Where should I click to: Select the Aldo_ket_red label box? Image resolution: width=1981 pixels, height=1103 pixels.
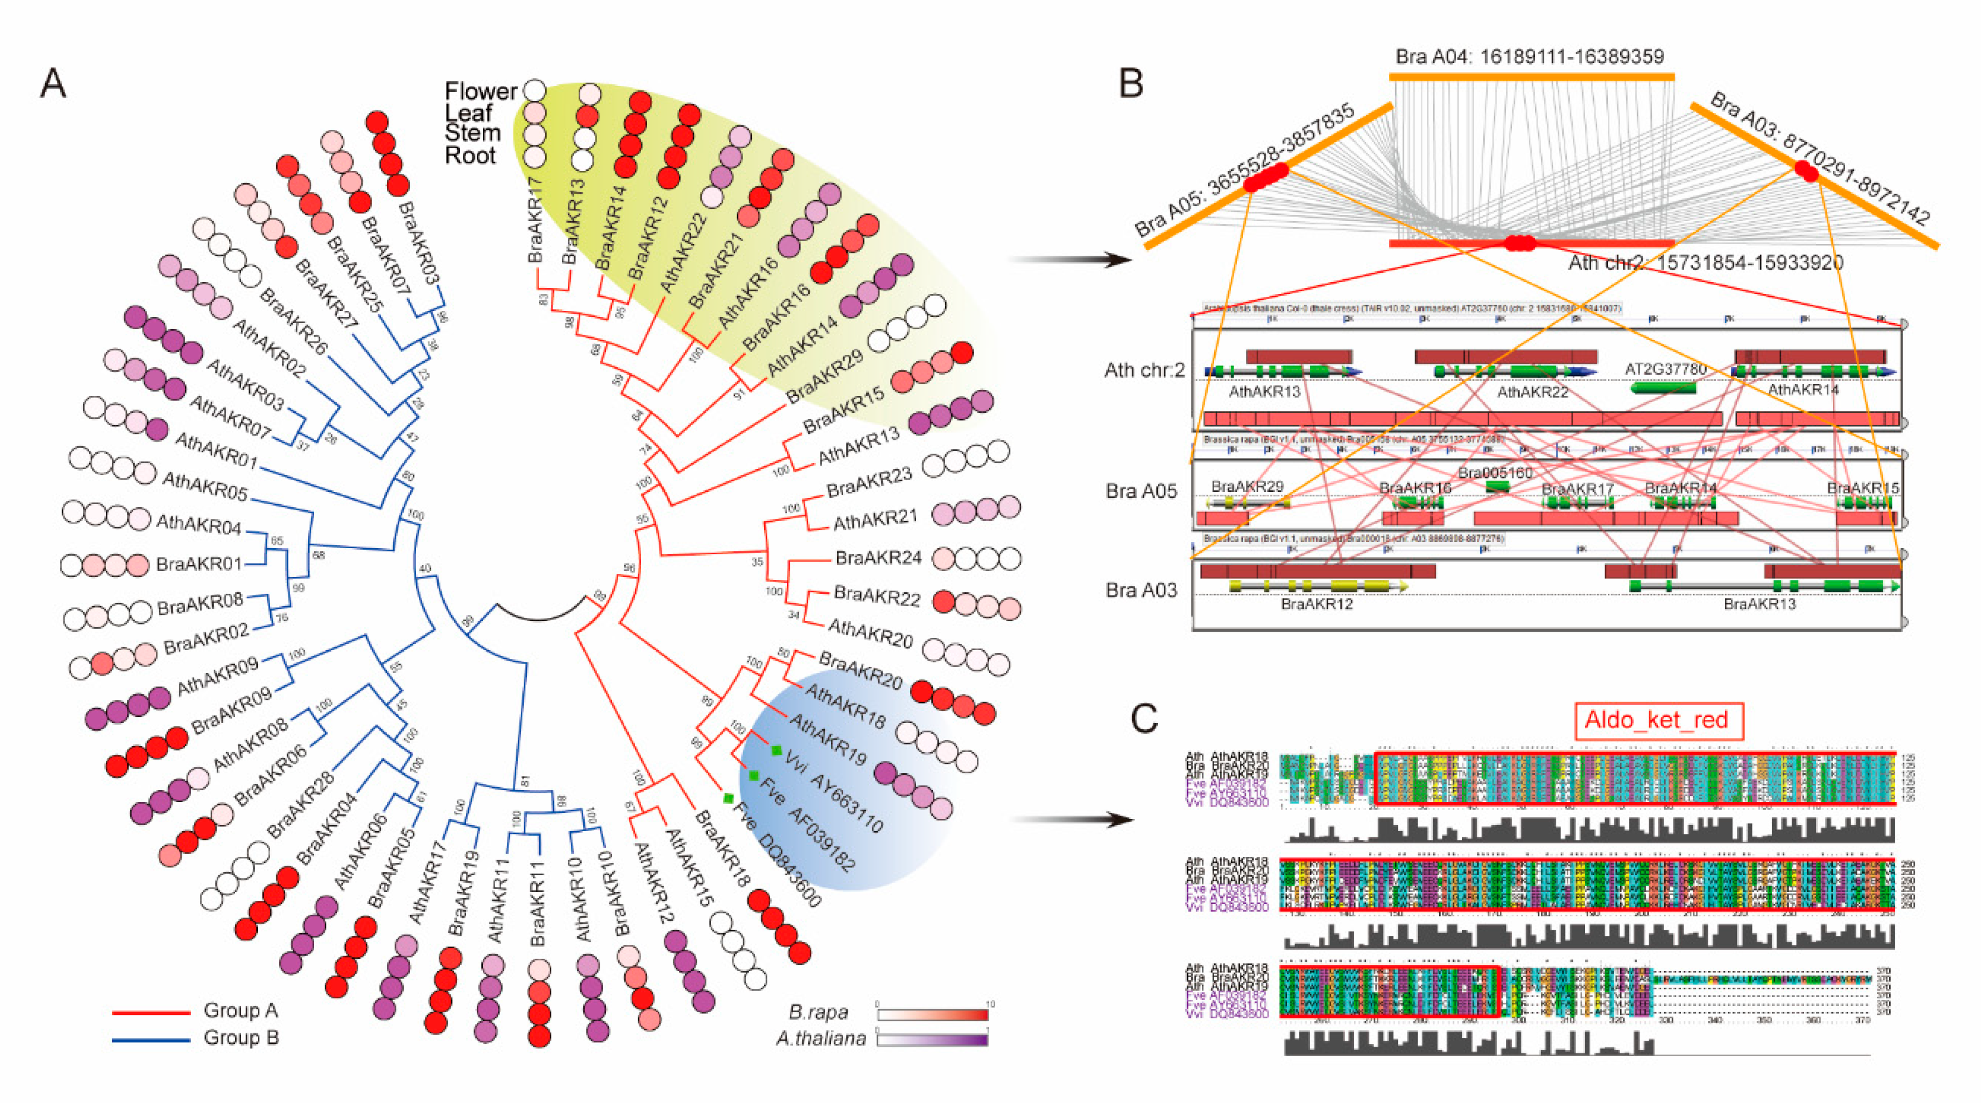click(x=1658, y=720)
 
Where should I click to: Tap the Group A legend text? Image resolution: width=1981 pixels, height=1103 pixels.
click(x=240, y=1010)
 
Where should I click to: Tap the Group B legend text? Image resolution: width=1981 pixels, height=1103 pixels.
click(x=240, y=1038)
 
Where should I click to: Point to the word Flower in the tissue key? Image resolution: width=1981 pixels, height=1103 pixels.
click(x=481, y=91)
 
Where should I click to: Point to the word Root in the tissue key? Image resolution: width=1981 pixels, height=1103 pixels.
click(x=470, y=155)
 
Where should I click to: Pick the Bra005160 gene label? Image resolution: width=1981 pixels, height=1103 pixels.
click(x=1495, y=472)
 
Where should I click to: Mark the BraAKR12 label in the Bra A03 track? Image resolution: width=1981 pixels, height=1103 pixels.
click(x=1317, y=604)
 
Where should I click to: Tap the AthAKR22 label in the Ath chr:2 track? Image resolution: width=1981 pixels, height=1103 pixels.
click(x=1532, y=392)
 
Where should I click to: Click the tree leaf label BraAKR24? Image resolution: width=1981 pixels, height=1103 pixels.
click(x=878, y=557)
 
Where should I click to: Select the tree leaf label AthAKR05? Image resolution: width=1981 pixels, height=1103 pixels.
click(x=204, y=487)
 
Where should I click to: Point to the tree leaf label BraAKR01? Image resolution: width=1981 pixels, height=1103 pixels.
click(x=198, y=564)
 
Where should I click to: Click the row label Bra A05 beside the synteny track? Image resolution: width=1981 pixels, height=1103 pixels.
click(x=1141, y=491)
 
